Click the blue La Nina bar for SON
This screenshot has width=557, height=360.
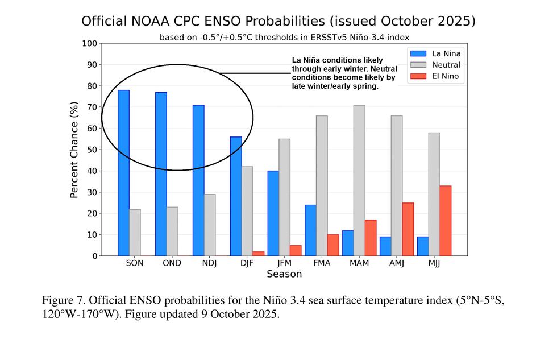point(123,173)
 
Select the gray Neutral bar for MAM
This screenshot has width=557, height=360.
point(359,180)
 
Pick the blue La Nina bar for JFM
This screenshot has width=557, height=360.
point(273,213)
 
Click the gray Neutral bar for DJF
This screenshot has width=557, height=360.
point(247,211)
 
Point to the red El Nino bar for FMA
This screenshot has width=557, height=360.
point(333,245)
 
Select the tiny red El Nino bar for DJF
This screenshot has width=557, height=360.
point(258,254)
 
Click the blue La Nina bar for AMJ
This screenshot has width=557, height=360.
point(385,246)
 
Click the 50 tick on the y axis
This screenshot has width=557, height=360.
point(91,150)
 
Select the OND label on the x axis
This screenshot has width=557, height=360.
point(172,263)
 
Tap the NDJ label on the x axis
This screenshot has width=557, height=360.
point(209,263)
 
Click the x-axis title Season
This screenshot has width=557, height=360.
point(284,274)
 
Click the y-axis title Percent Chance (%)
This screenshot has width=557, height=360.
point(74,150)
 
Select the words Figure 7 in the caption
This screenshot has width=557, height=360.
point(63,300)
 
